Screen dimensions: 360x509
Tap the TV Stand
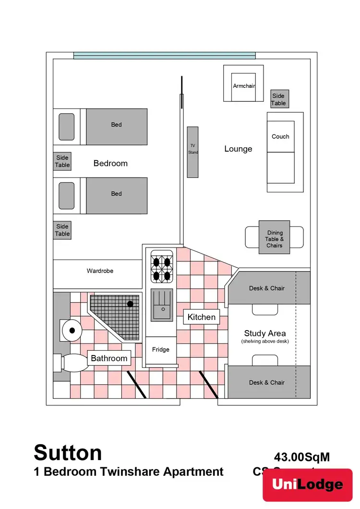point(192,152)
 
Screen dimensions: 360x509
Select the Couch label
point(280,137)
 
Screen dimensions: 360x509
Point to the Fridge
point(161,349)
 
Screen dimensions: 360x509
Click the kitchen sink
point(163,305)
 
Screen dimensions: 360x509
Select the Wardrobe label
point(100,271)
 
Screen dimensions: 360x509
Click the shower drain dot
point(130,304)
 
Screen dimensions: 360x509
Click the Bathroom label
point(109,358)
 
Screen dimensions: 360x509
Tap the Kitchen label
point(202,317)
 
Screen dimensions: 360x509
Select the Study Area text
point(265,333)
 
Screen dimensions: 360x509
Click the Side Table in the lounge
point(278,99)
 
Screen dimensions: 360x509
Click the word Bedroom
point(110,163)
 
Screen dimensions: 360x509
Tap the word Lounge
point(238,149)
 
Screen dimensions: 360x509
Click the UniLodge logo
point(308,485)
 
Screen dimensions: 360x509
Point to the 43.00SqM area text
point(302,457)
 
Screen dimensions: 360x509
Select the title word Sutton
point(68,452)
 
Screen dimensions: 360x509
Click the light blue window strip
point(164,56)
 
